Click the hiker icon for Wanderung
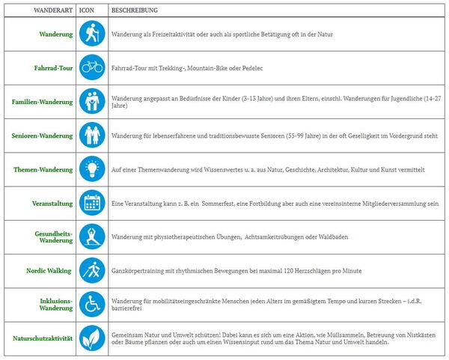(x=92, y=34)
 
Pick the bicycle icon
(x=92, y=67)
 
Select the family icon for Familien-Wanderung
(x=92, y=101)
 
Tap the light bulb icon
(x=92, y=169)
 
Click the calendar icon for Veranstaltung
(x=92, y=203)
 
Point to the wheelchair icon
(x=92, y=304)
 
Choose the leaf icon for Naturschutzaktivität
(x=92, y=338)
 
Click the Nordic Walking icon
(x=92, y=270)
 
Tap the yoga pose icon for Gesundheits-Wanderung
(x=92, y=237)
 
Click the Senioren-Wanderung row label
(x=42, y=135)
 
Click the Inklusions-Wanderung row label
(x=55, y=304)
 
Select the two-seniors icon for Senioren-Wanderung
(x=92, y=135)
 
